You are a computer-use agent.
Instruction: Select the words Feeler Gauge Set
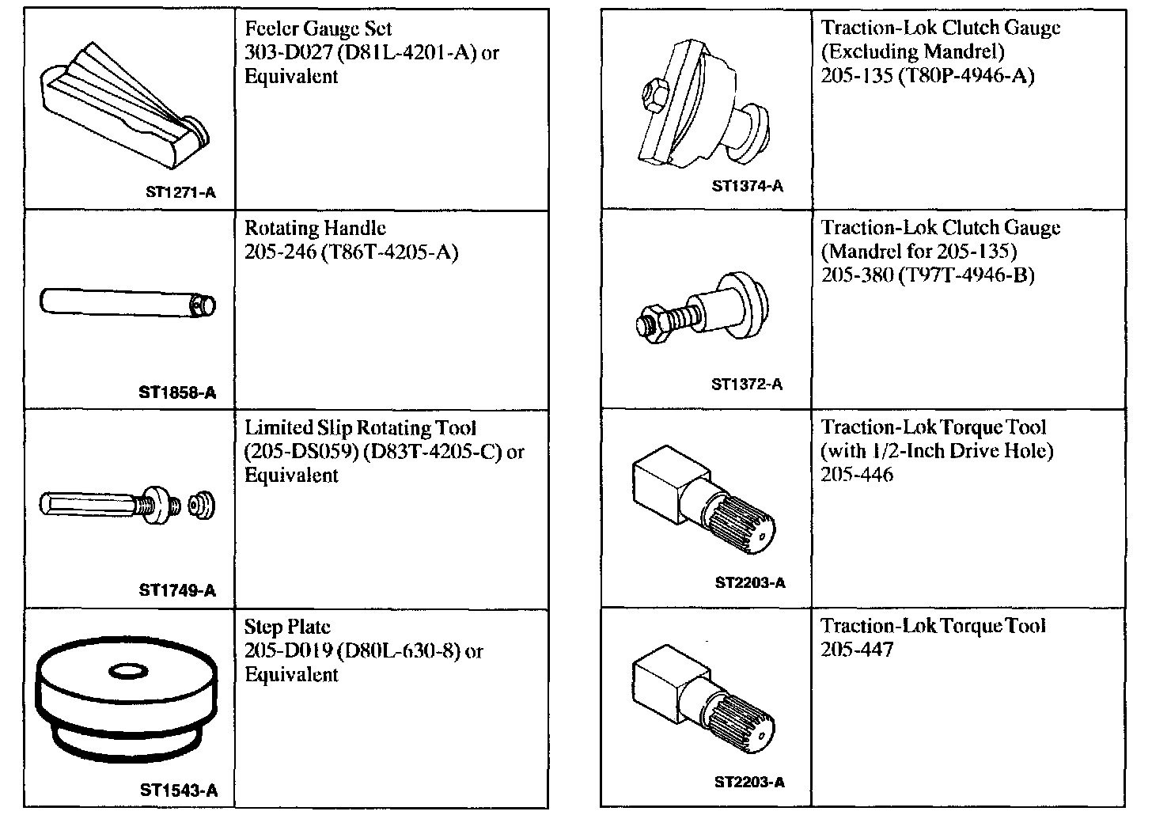click(318, 29)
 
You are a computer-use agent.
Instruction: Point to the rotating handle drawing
click(127, 303)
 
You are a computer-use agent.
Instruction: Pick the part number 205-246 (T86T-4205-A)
click(351, 252)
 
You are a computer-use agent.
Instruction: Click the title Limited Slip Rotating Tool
click(360, 428)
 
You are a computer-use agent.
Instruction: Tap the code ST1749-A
click(177, 590)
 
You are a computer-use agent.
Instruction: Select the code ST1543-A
click(179, 790)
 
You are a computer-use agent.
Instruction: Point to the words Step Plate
click(286, 627)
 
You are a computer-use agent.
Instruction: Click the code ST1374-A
click(747, 186)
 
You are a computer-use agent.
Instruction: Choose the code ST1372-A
click(747, 385)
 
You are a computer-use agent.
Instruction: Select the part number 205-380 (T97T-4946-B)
click(927, 275)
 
